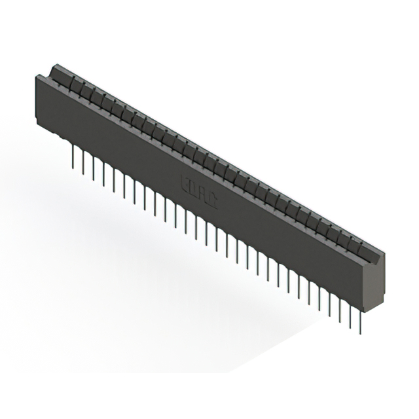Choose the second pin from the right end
(350, 316)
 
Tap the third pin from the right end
(340, 310)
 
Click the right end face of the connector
(377, 282)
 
